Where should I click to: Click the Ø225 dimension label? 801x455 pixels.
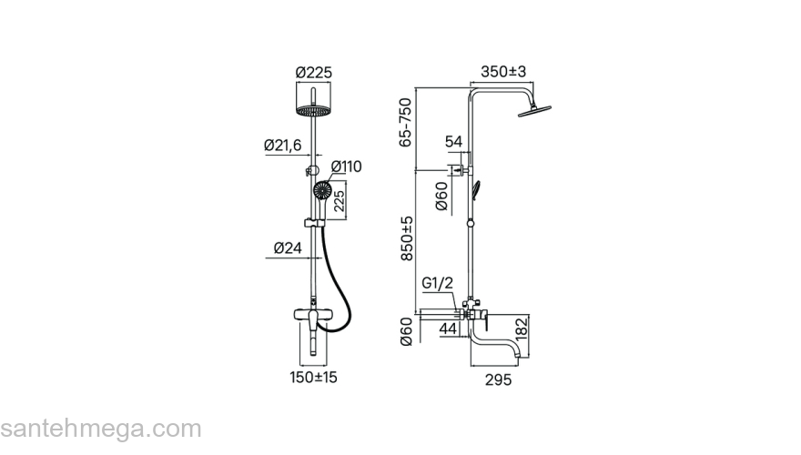tap(314, 73)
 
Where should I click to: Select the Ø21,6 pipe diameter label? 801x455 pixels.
tap(282, 146)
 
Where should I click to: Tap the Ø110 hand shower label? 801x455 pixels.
tap(346, 167)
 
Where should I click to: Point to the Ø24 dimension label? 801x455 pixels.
tap(288, 248)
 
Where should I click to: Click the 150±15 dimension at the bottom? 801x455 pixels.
tap(314, 378)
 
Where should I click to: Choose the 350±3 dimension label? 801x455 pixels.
tap(503, 72)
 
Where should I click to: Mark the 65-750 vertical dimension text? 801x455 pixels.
tap(405, 123)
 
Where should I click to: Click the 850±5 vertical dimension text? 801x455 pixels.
tap(407, 238)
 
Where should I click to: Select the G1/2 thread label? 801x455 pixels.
tap(437, 283)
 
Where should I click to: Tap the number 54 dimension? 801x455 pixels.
tap(453, 141)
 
